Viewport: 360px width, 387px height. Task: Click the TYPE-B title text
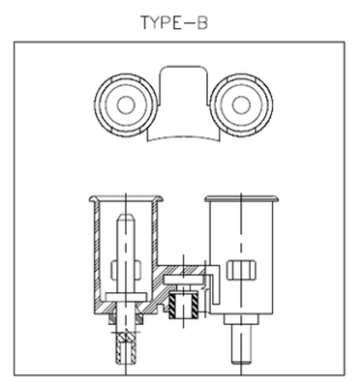tap(174, 23)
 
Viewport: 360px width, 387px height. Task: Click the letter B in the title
tap(202, 23)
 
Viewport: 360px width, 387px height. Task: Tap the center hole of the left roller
tap(126, 105)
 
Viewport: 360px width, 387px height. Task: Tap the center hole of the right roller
tap(241, 105)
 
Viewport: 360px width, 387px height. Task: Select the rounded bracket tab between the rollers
tap(184, 84)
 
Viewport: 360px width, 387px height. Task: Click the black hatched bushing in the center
tap(184, 305)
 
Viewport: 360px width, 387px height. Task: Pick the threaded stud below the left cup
tap(126, 348)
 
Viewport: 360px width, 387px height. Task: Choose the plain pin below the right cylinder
tap(241, 343)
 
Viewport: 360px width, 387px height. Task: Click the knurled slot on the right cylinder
tap(241, 270)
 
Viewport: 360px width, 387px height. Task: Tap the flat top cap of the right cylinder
tap(241, 198)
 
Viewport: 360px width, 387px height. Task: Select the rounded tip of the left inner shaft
tap(126, 219)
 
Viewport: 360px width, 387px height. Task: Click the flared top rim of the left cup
tap(126, 198)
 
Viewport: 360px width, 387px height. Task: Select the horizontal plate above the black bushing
tap(184, 280)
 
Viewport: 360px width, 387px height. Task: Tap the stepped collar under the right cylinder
tap(241, 319)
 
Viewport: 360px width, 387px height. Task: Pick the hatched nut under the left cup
tap(126, 319)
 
